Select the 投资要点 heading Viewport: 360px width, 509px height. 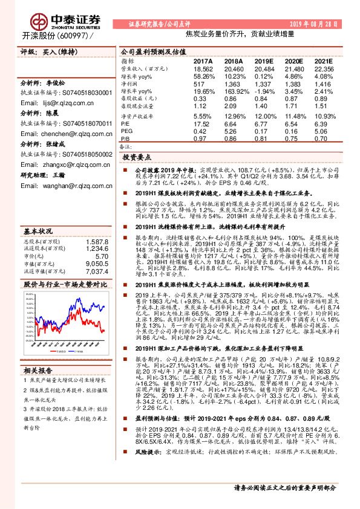click(x=137, y=157)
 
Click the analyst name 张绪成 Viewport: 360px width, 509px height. click(x=55, y=144)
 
